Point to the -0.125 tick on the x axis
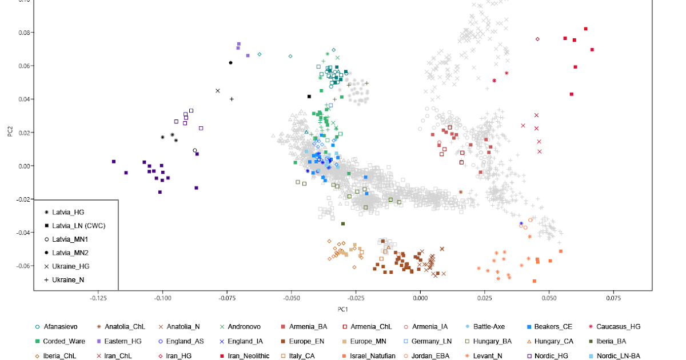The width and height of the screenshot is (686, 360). pos(98,298)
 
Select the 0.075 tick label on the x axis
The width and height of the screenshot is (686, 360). pos(613,298)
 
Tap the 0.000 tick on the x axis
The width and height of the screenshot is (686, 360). pos(420,298)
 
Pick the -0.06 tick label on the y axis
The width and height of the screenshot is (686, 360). pos(24,266)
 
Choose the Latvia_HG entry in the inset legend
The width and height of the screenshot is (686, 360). pos(68,212)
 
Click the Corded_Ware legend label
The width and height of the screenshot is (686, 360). pos(63,341)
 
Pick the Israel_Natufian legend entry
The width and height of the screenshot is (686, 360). pos(370,355)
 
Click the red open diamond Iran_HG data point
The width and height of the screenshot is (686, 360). pos(537,39)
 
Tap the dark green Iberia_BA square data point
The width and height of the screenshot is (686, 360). pos(343,223)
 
